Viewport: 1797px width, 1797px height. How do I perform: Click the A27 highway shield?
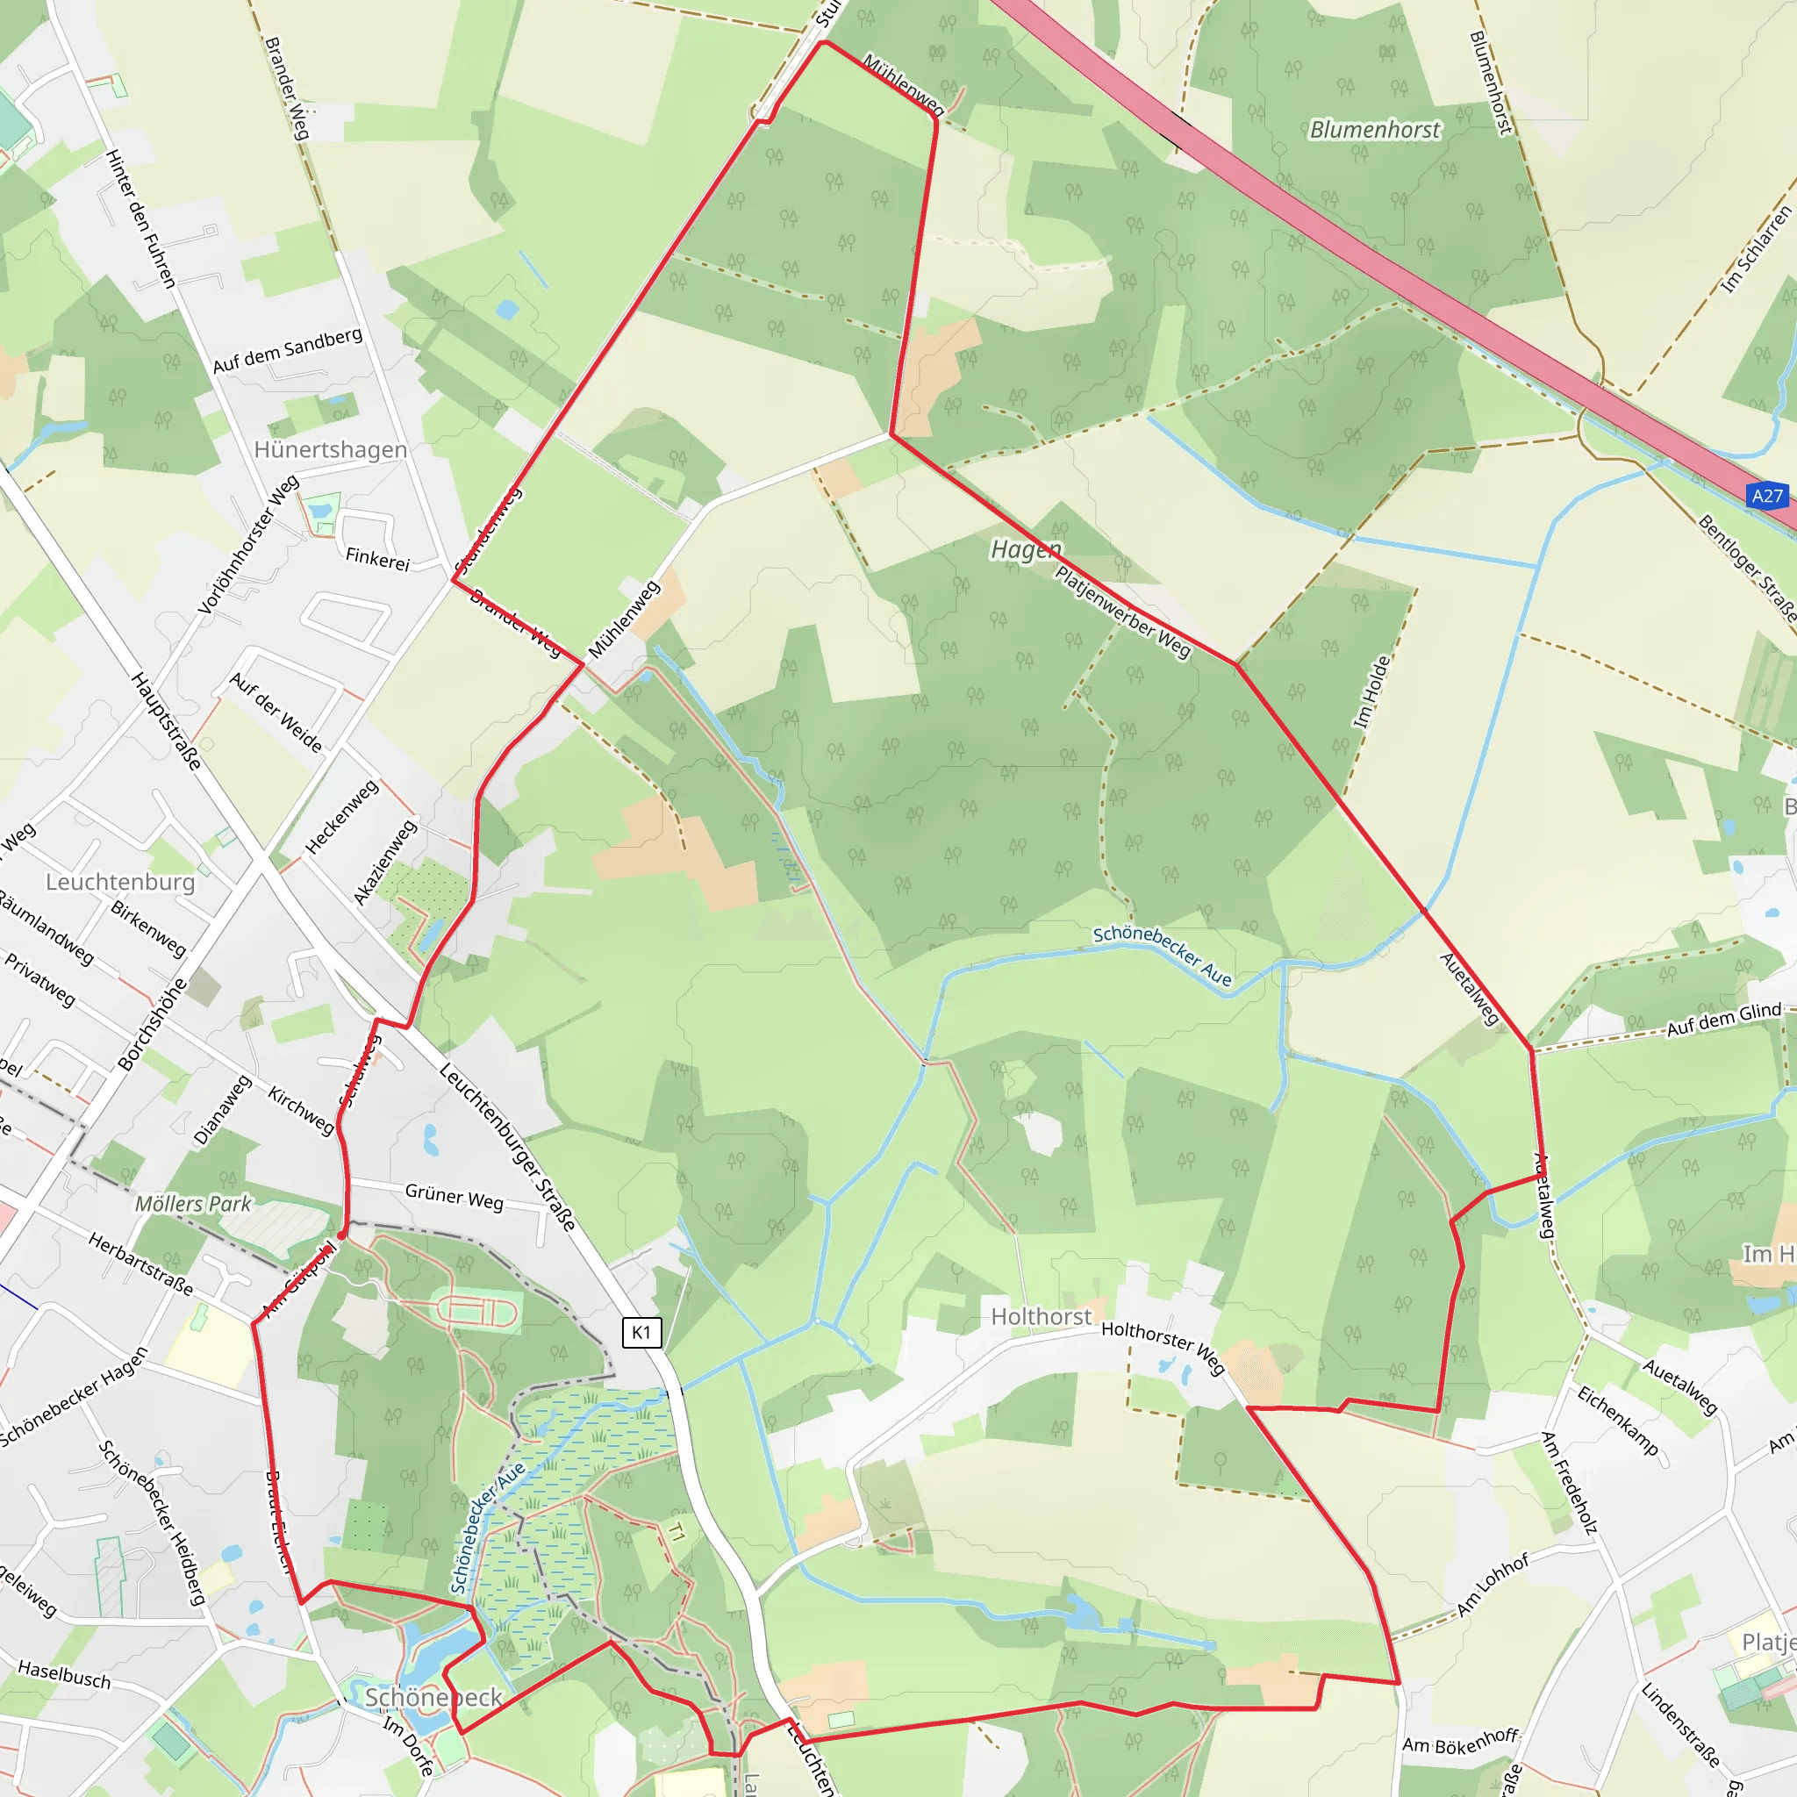point(1766,496)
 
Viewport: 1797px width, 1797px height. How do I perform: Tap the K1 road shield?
point(641,1332)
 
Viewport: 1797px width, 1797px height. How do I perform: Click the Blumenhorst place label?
point(1374,129)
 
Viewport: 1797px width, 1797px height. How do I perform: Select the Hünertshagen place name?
point(330,449)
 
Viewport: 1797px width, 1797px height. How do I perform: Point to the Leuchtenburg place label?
point(120,881)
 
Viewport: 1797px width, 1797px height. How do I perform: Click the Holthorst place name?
point(1041,1316)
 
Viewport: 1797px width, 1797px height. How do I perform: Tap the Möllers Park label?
point(193,1204)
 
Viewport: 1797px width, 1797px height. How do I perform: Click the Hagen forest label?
point(1025,549)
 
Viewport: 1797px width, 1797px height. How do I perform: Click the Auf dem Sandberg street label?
point(288,351)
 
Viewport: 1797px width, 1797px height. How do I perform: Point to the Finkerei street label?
point(377,559)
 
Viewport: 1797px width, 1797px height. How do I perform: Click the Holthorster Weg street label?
point(1163,1347)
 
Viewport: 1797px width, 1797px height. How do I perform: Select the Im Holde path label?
point(1372,691)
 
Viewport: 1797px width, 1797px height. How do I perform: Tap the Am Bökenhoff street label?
point(1460,1742)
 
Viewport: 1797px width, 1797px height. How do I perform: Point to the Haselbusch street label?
point(64,1675)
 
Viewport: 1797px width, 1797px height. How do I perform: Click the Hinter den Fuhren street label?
point(140,218)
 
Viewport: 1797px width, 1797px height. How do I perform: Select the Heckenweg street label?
point(342,817)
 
